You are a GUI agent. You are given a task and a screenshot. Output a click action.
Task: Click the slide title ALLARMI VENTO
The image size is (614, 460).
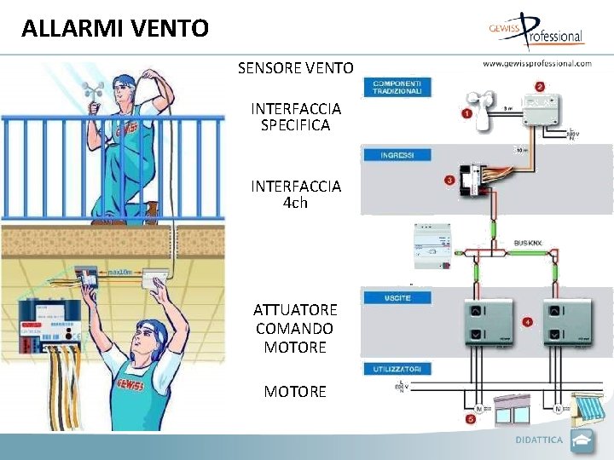tap(115, 28)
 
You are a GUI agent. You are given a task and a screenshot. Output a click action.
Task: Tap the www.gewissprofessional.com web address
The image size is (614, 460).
tap(537, 63)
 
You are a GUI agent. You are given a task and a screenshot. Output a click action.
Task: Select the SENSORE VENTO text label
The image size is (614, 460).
tap(295, 67)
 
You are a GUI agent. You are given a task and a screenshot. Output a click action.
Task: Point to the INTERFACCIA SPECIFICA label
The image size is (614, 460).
tap(296, 117)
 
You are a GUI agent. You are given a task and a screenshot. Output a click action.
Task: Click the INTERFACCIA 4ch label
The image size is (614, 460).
tap(296, 194)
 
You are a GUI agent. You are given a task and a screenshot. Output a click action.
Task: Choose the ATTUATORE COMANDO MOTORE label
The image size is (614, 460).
tap(295, 328)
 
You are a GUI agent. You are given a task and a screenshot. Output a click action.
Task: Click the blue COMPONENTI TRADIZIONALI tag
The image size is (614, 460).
tap(397, 87)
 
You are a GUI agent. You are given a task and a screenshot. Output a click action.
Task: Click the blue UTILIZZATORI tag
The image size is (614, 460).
tap(397, 369)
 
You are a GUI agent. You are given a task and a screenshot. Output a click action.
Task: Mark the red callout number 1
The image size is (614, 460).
tap(467, 113)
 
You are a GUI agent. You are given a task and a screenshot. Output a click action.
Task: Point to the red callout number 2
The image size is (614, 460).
tap(540, 86)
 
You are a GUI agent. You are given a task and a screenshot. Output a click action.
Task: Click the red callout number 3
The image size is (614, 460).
tap(449, 180)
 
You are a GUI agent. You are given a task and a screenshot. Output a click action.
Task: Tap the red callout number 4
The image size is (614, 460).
tap(529, 322)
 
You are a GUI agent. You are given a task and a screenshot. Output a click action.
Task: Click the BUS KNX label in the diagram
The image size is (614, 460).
tap(528, 244)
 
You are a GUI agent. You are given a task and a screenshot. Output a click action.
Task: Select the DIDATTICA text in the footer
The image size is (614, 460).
tap(539, 440)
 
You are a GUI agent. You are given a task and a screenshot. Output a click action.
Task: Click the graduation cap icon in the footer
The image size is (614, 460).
tap(582, 440)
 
